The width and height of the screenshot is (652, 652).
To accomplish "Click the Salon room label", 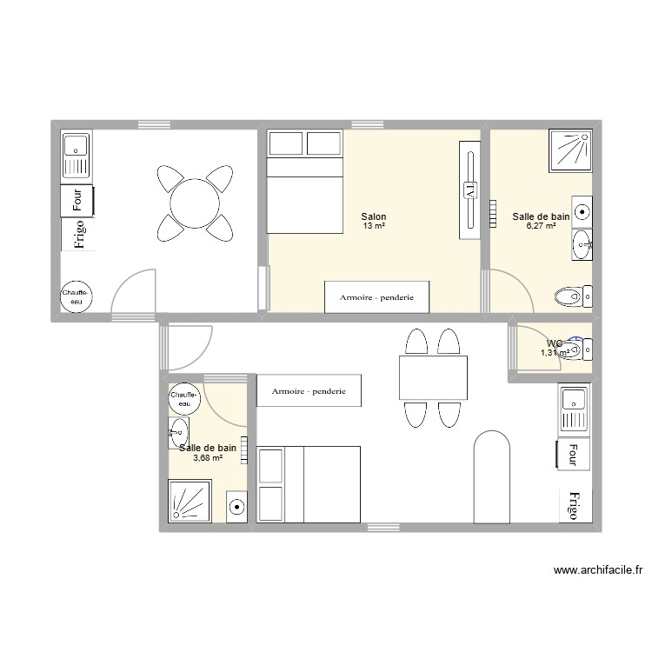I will pos(374,217).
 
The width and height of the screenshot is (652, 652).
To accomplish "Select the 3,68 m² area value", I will pos(207,458).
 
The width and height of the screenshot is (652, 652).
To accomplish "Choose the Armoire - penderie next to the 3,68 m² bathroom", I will pos(309,391).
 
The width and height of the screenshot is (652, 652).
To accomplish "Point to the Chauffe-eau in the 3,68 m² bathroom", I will pos(184,399).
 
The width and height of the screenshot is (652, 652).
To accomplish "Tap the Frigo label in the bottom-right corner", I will pos(574,504).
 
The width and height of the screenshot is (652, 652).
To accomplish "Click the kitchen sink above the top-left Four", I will pos(76,156).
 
